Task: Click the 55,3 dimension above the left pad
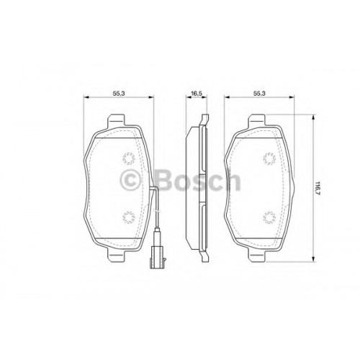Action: click(119, 94)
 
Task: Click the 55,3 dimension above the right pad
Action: click(259, 94)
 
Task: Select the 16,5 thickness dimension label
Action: click(196, 94)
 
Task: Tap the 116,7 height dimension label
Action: click(318, 188)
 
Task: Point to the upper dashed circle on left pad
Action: click(128, 158)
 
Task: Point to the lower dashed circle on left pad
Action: click(128, 217)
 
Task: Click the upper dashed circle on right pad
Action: click(269, 158)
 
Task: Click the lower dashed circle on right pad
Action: click(269, 217)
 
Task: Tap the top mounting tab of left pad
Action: click(116, 120)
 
